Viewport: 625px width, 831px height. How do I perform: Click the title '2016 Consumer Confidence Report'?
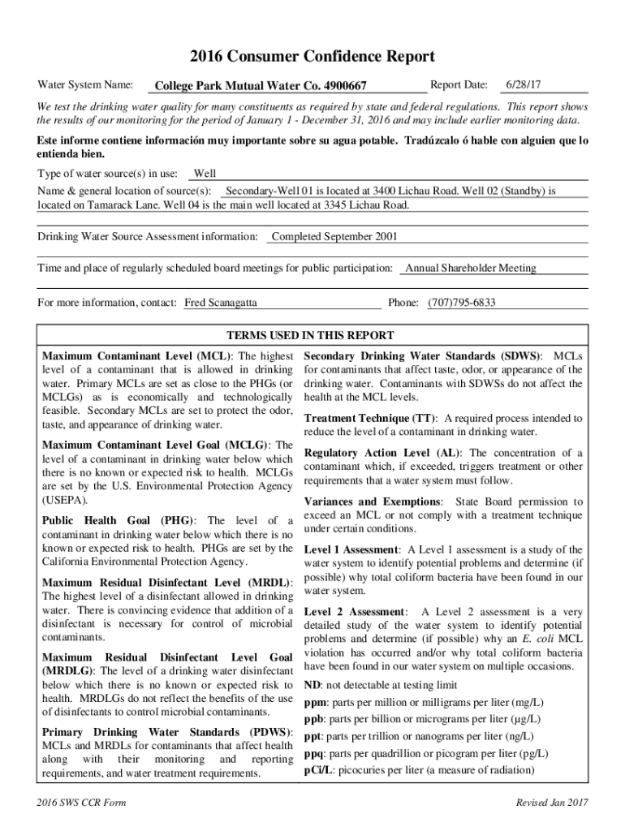click(x=312, y=57)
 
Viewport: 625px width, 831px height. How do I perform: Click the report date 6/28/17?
click(x=524, y=84)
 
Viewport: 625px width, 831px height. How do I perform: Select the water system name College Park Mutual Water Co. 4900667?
click(x=261, y=86)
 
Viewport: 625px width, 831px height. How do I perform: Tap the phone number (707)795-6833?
click(x=462, y=303)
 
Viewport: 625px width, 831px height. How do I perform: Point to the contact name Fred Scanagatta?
click(x=221, y=303)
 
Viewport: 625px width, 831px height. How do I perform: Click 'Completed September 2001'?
click(x=334, y=237)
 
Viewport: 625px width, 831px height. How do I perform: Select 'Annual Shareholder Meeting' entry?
click(x=471, y=268)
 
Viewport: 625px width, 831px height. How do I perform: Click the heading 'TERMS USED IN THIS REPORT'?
click(x=310, y=335)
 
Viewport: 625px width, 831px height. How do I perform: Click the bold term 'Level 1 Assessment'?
click(x=351, y=549)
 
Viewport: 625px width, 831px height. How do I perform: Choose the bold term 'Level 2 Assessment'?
click(x=354, y=611)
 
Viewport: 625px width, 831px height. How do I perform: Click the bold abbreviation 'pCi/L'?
click(x=318, y=770)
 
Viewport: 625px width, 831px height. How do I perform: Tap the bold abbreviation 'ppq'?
click(x=314, y=753)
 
